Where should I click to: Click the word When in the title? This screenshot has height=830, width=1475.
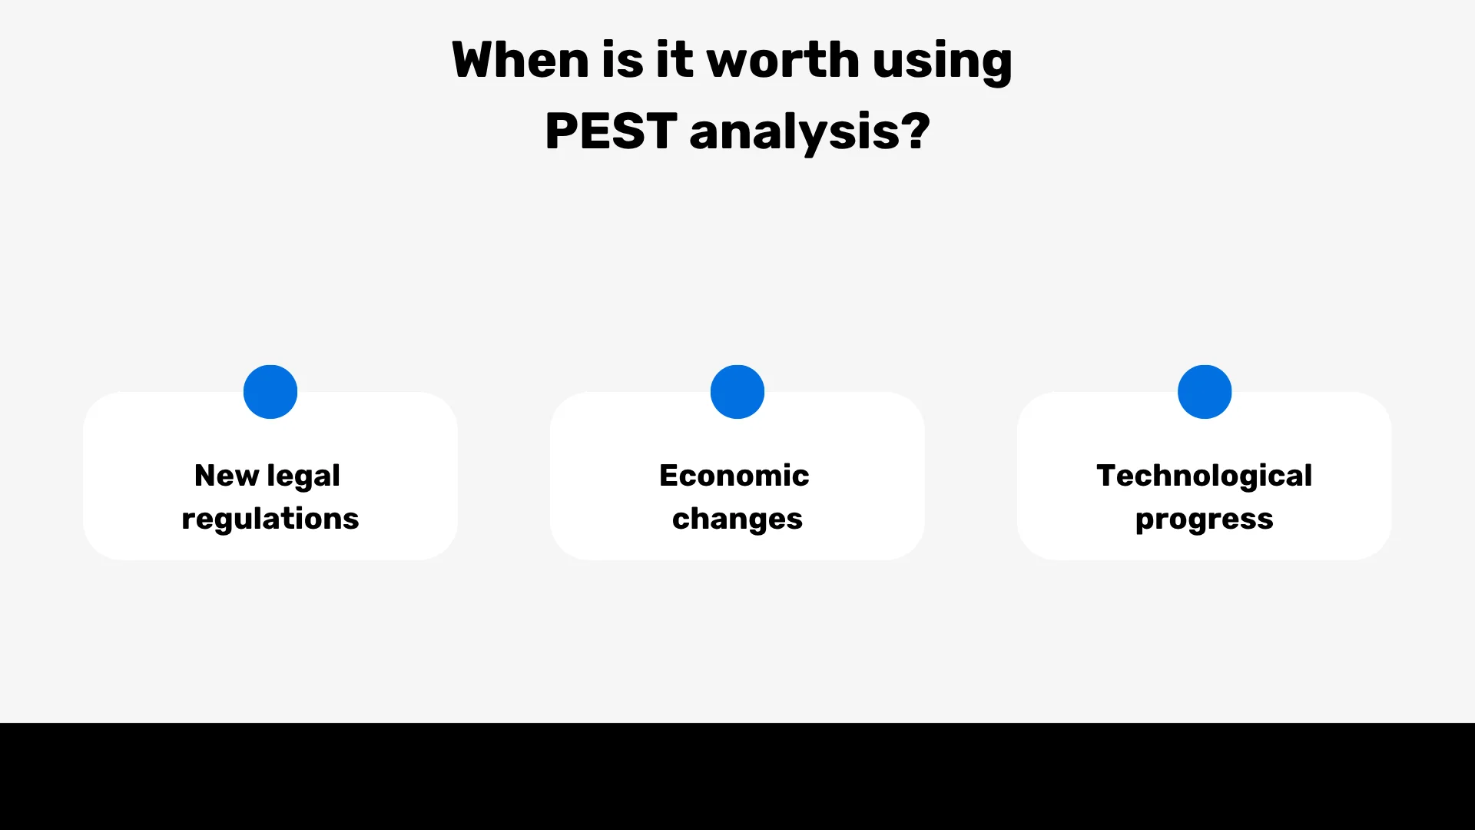click(519, 60)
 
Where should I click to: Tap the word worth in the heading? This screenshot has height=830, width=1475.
click(782, 60)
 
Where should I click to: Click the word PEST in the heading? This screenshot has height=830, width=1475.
click(611, 131)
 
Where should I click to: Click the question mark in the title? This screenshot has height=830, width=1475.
click(915, 131)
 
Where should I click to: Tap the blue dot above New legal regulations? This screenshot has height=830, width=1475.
click(270, 392)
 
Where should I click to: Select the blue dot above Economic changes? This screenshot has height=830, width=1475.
click(737, 392)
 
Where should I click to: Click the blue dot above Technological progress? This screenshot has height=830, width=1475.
click(1205, 392)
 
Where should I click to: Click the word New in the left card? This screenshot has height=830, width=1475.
click(227, 476)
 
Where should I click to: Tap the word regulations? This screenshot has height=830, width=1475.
click(270, 520)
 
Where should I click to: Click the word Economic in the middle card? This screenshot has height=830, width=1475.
click(734, 476)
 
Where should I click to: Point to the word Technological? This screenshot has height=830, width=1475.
click(1205, 476)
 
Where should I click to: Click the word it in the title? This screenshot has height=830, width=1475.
click(674, 60)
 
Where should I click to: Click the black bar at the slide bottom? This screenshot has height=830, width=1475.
click(737, 776)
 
